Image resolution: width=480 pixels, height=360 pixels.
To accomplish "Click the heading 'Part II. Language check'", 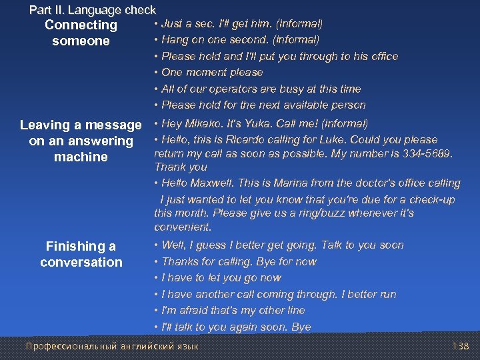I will (92, 10).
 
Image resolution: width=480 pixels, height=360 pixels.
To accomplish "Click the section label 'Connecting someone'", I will (81, 33).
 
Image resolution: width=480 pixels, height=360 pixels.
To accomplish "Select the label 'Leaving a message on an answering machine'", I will (81, 141).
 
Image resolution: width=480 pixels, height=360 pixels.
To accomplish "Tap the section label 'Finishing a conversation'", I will (81, 254).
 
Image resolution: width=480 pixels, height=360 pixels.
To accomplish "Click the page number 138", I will (461, 347).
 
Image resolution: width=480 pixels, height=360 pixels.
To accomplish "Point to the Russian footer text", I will (112, 347).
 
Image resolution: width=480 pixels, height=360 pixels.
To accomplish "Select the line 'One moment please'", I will (212, 72).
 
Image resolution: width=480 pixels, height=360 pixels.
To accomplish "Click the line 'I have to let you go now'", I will (221, 277).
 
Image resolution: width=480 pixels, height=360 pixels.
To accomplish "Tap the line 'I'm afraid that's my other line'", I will (233, 310).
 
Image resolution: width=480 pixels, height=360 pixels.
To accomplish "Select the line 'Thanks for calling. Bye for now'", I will (239, 261).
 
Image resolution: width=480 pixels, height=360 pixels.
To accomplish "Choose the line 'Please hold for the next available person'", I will (263, 105).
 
